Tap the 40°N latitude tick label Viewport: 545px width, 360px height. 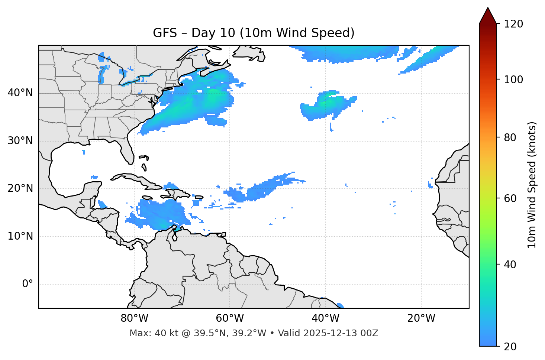[x=20, y=93]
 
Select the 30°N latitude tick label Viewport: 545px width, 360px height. [x=20, y=141]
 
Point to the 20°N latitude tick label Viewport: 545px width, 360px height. [x=20, y=188]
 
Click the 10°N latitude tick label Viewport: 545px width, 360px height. [x=20, y=236]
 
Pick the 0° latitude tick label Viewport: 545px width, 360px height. [x=28, y=284]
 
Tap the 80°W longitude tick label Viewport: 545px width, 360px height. [x=134, y=318]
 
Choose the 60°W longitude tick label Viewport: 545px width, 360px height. [x=230, y=318]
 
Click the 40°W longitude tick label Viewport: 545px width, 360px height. [x=325, y=318]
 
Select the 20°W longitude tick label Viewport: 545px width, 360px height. [x=421, y=318]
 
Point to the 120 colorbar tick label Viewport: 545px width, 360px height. [x=513, y=24]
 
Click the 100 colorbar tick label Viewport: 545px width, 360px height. [x=513, y=80]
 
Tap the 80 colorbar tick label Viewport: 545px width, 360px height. [x=511, y=137]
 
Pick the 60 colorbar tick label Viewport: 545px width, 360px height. [x=511, y=198]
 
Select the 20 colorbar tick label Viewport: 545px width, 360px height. [x=511, y=347]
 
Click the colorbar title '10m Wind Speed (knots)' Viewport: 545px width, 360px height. [x=532, y=185]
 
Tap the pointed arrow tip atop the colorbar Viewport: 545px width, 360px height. [x=488, y=9]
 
